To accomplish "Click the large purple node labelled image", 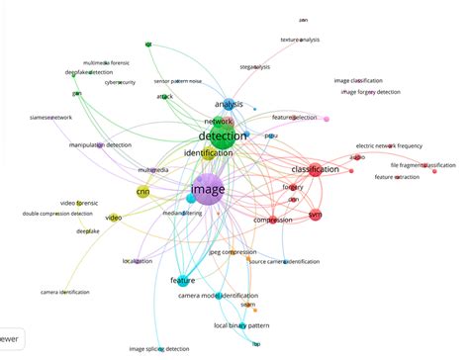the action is click(208, 187).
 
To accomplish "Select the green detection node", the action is click(222, 136).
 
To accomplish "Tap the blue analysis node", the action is click(228, 103).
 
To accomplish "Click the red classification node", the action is click(315, 170).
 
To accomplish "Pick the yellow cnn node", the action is click(142, 192).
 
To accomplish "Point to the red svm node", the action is click(316, 214).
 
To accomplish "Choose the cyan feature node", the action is click(182, 281).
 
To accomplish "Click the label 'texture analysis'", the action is click(301, 40).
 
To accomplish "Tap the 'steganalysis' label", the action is click(254, 67).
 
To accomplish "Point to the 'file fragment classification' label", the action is click(422, 165).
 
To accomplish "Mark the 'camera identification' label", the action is click(64, 293).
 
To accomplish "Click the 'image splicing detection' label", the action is click(158, 348).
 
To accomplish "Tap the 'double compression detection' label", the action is click(57, 214).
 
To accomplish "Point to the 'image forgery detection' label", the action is click(370, 93).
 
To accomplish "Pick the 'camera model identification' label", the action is click(218, 296).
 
